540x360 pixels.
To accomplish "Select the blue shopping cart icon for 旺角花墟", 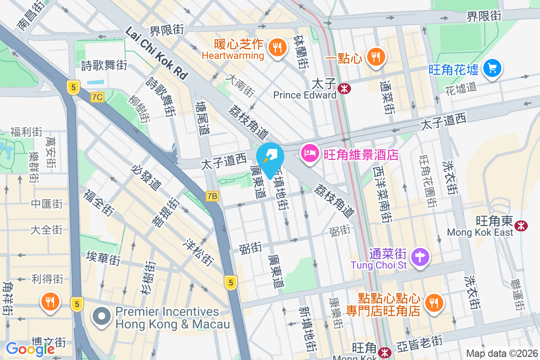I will [x=492, y=68].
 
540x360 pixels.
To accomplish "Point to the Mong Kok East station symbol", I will [x=522, y=225].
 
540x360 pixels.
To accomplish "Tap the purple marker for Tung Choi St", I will [x=421, y=257].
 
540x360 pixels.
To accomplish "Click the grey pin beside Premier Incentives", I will [x=102, y=316].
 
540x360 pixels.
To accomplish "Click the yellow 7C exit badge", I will [x=97, y=97].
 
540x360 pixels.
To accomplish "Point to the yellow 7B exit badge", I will [x=212, y=196].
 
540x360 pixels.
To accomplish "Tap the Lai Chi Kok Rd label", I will [x=156, y=53].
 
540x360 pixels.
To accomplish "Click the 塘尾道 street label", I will [x=203, y=118].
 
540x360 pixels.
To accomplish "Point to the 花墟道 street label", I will [x=460, y=87].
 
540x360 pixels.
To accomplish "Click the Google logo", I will [x=30, y=349].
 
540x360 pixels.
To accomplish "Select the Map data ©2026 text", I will [x=501, y=353].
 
